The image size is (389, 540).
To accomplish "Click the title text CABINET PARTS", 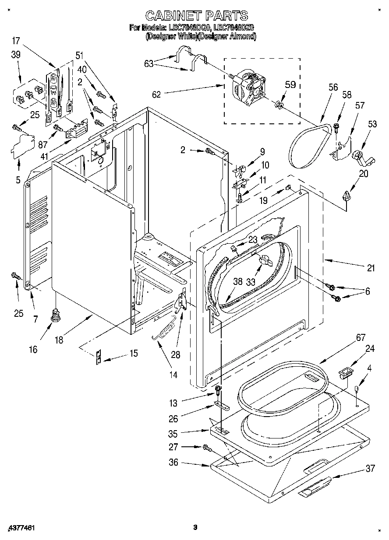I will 196,16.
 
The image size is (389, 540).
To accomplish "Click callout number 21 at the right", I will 371,268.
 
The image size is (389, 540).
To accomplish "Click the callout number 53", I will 372,125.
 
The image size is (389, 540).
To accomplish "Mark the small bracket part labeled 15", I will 99,357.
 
